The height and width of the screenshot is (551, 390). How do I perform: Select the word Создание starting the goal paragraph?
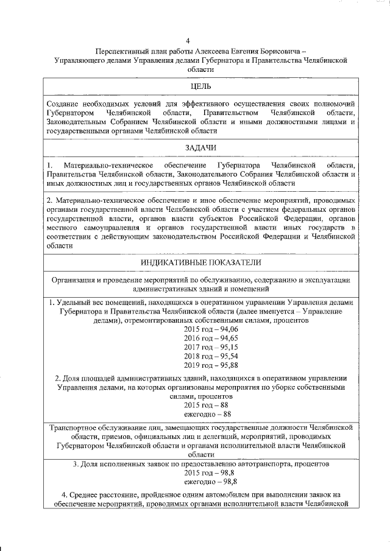(x=63, y=104)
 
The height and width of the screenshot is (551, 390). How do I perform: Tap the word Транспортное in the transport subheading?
(x=74, y=427)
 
